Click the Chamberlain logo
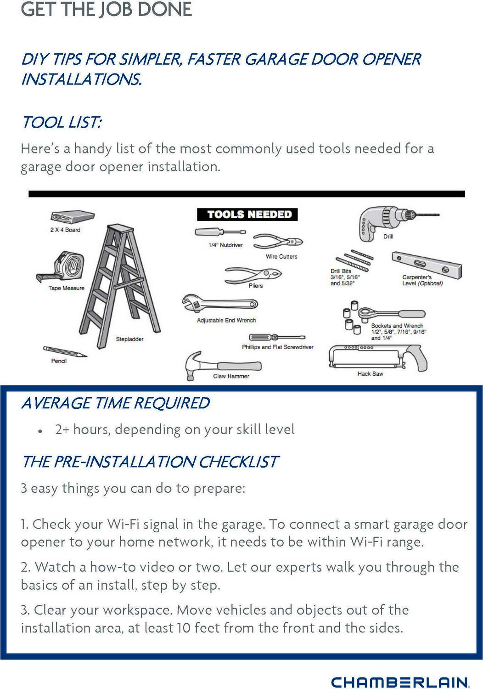400,681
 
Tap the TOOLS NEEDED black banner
247,215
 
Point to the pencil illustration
65,351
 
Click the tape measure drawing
60,266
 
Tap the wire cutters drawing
278,242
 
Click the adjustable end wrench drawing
220,304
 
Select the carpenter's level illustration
427,265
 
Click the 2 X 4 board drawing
72,217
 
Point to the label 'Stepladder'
129,339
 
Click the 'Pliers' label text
256,286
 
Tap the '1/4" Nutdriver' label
225,245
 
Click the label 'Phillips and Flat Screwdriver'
278,347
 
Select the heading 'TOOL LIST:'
62,123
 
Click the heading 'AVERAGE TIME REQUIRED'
116,403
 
